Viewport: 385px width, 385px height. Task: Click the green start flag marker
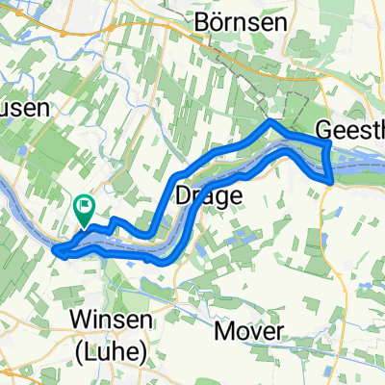click(x=84, y=208)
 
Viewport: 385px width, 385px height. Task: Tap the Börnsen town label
click(x=234, y=21)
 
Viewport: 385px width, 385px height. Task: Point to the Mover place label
click(x=249, y=331)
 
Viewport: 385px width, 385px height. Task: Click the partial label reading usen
click(x=23, y=108)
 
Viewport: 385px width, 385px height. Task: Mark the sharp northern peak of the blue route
click(x=271, y=122)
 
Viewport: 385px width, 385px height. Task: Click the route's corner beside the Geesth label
click(x=329, y=143)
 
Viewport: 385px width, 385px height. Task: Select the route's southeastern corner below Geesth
click(x=331, y=179)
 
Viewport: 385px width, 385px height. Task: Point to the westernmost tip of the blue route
click(x=55, y=251)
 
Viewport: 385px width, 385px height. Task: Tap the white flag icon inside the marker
click(x=85, y=203)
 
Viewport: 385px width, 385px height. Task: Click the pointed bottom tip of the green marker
click(x=84, y=225)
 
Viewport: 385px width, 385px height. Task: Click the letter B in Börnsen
click(x=200, y=21)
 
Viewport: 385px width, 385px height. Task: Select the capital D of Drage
click(x=182, y=196)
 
